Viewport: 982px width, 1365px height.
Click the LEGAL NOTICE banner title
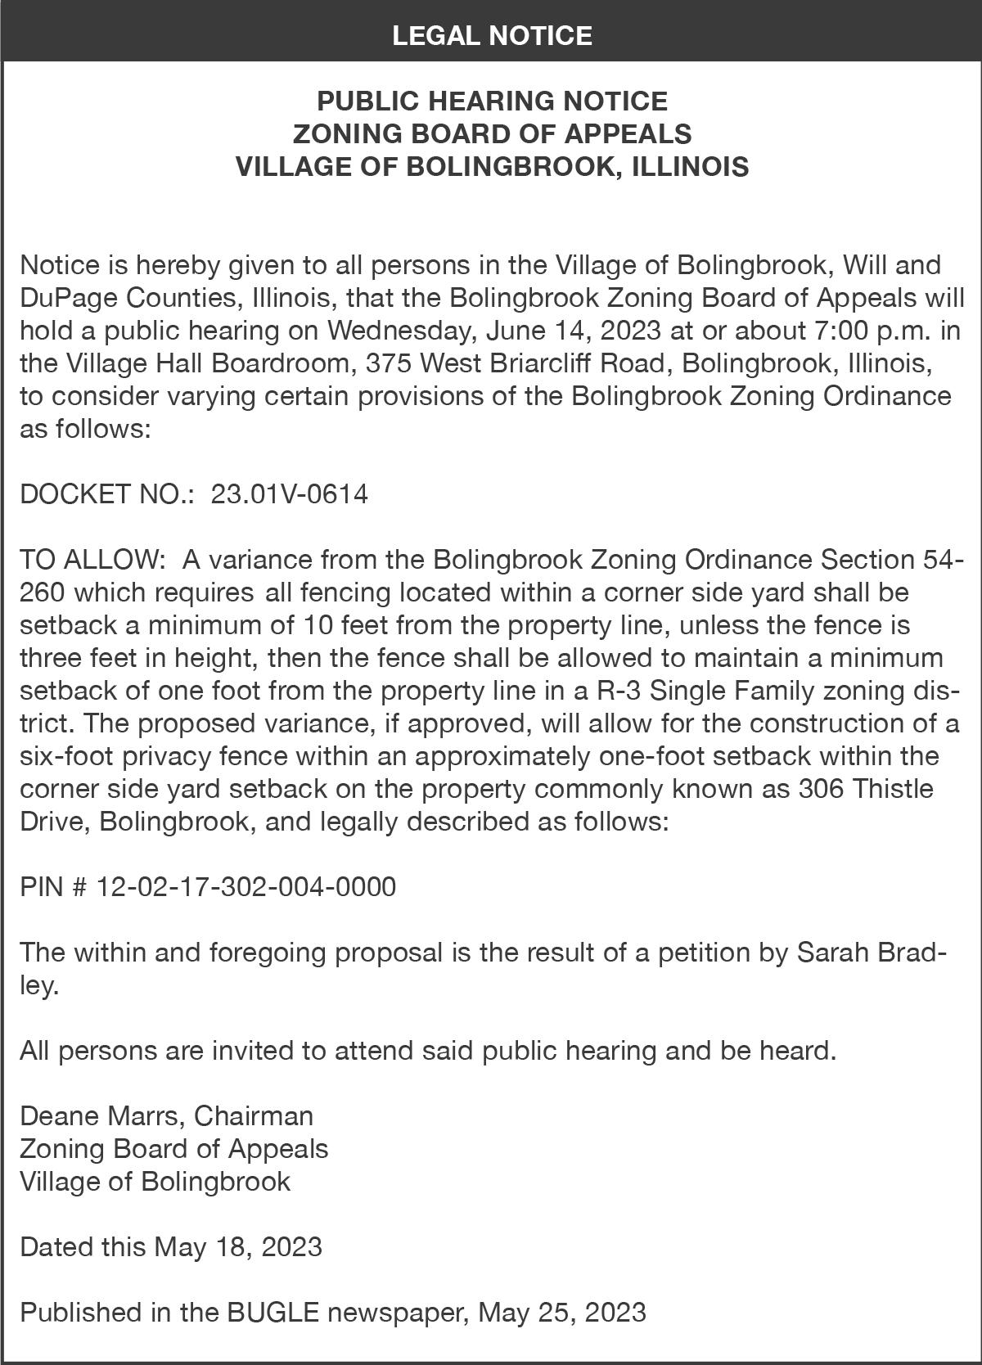pos(492,35)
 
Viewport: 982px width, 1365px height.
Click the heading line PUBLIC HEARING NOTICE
pos(492,101)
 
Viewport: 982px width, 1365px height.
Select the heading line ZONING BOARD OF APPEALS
pos(492,133)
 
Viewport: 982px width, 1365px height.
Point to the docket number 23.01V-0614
pos(290,494)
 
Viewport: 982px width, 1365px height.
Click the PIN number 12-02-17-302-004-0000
pos(246,887)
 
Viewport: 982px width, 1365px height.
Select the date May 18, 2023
pos(238,1247)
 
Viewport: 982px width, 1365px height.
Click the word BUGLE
pos(273,1313)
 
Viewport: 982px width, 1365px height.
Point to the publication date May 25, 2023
pos(562,1313)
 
